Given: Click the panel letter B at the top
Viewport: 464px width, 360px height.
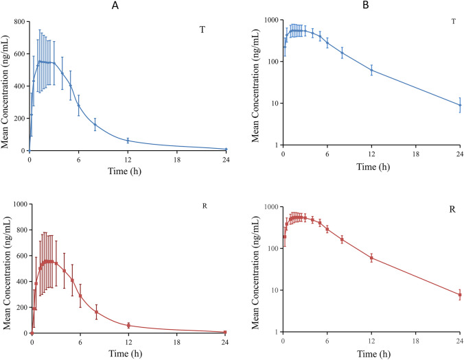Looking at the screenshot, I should [346, 6].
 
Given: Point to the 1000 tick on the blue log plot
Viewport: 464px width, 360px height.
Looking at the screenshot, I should [271, 20].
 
